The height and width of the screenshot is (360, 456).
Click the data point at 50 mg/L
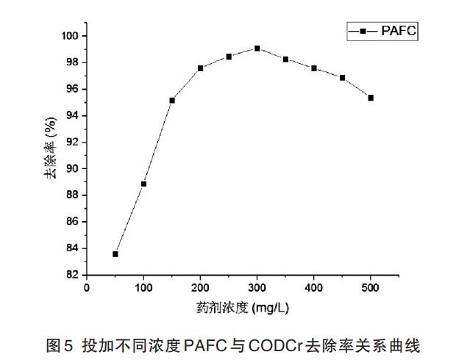115,254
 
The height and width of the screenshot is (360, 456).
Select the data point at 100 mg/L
143,184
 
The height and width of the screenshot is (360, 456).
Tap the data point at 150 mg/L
172,100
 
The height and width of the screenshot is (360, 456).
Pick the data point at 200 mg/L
200,68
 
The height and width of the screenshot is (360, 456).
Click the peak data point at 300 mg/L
257,48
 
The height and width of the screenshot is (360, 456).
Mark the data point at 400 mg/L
314,68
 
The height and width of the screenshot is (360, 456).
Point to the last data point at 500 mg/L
371,98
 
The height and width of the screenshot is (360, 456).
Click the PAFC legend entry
382,32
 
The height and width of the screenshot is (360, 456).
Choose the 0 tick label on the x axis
87,287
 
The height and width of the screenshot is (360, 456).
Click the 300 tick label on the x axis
257,287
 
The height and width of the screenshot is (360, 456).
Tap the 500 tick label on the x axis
371,287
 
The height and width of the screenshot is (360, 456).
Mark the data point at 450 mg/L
343,78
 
